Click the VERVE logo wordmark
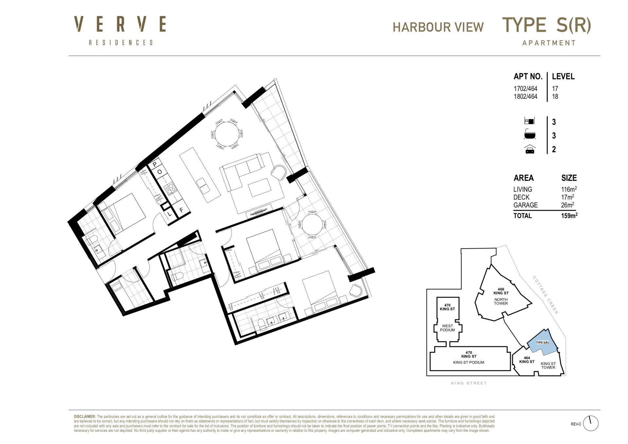120,24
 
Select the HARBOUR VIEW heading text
438,27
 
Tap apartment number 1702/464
525,89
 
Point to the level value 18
555,97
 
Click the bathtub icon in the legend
530,135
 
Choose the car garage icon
530,150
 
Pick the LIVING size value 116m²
569,189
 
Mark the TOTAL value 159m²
569,216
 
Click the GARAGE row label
525,205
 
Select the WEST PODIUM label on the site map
447,328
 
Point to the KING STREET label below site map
469,383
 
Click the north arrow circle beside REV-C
590,424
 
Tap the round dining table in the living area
226,134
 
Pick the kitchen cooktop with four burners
170,188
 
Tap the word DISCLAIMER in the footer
85,417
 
